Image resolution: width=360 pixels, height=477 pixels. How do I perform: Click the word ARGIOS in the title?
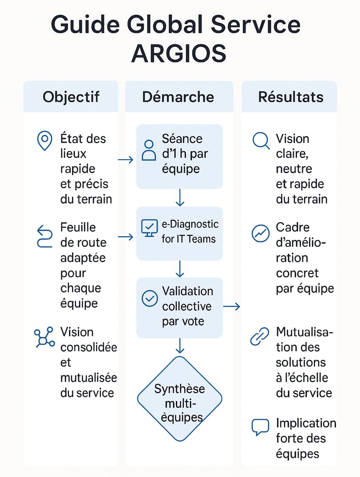(179, 53)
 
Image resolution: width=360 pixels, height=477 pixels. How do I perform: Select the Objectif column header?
(71, 97)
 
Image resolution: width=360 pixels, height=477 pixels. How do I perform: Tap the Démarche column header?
(178, 97)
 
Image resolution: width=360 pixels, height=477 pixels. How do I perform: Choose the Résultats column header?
(291, 97)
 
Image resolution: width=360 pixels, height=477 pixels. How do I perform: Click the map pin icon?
(45, 141)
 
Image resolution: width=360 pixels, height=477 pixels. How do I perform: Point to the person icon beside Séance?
(149, 150)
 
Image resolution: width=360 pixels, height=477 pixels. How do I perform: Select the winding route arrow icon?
(45, 236)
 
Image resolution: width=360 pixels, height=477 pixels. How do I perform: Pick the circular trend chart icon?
(261, 233)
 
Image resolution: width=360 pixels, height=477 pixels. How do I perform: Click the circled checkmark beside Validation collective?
(150, 298)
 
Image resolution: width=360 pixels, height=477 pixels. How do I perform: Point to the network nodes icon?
(45, 337)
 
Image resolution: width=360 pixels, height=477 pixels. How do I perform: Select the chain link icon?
(260, 336)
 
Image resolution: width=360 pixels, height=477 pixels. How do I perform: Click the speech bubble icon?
(260, 427)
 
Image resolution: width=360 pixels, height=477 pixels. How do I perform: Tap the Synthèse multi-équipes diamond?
(180, 399)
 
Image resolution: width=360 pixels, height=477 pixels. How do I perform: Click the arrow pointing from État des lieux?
(126, 159)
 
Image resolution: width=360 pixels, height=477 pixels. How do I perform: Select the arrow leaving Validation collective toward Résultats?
(232, 306)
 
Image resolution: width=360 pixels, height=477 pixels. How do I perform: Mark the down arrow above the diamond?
(180, 346)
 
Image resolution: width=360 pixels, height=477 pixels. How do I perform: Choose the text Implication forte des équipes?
(306, 439)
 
